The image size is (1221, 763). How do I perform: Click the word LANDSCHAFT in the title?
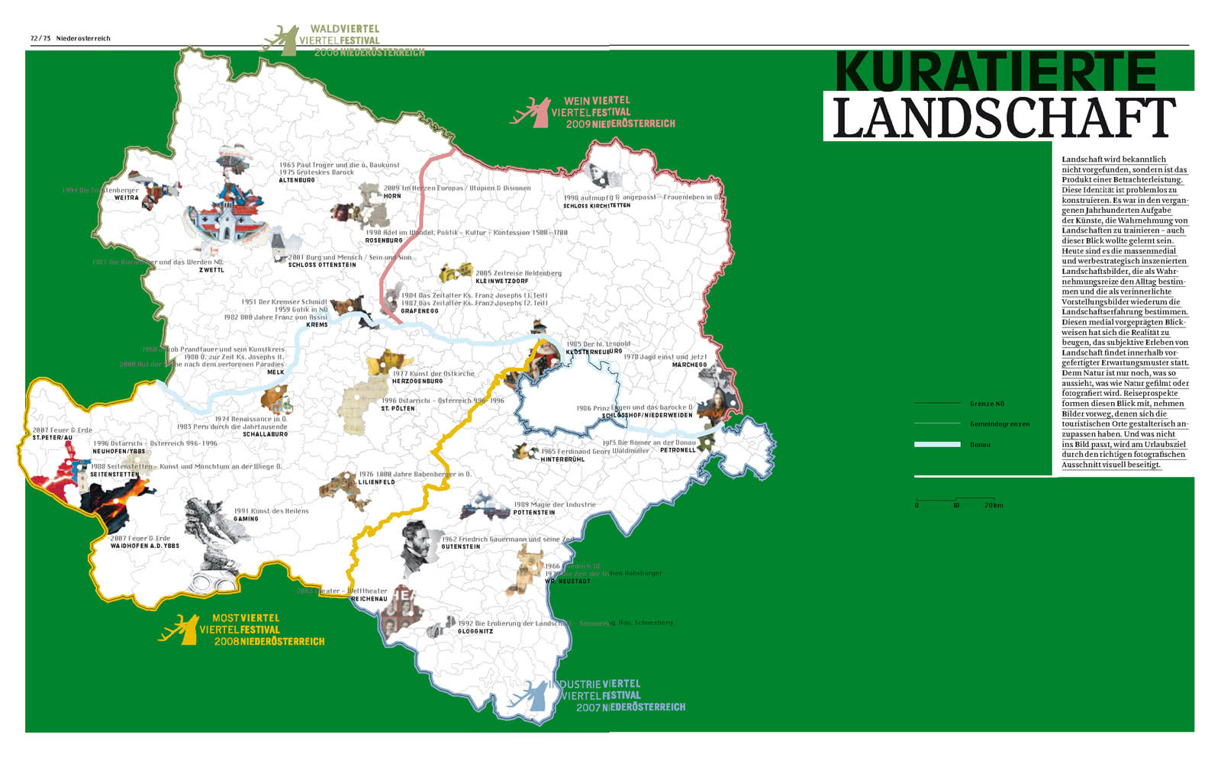(x=1004, y=118)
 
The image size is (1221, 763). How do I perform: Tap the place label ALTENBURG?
(x=297, y=181)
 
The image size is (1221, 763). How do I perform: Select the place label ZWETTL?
(x=211, y=270)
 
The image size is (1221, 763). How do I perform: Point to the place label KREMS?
(x=317, y=325)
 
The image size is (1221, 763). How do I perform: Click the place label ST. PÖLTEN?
(x=398, y=409)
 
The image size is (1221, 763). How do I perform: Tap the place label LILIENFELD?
(x=377, y=482)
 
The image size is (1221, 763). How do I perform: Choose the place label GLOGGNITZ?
(x=475, y=632)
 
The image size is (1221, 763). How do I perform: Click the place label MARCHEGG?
(x=689, y=365)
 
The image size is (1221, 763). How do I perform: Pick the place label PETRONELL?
(x=678, y=450)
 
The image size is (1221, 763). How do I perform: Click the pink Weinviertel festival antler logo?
(x=533, y=113)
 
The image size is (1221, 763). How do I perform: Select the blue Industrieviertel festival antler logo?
(x=532, y=696)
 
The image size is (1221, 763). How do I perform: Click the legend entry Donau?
(x=980, y=445)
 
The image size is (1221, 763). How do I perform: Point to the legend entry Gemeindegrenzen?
(x=999, y=424)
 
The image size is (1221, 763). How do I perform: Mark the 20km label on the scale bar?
(x=994, y=506)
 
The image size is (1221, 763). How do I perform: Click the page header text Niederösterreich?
(x=83, y=38)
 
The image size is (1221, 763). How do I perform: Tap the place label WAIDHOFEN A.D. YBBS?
(x=145, y=546)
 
